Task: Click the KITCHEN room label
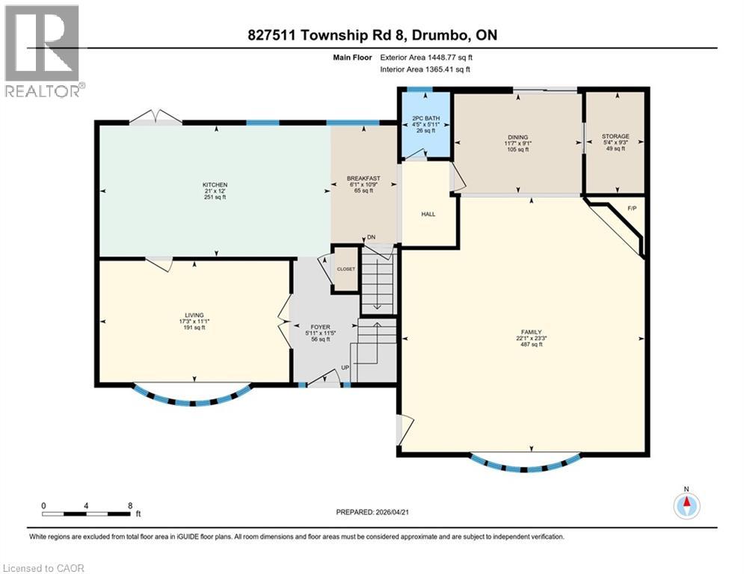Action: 215,185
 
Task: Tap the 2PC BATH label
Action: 425,118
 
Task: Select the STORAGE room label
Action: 615,136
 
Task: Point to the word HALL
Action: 428,214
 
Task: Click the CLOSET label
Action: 346,269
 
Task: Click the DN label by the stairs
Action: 371,237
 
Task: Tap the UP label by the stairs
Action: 345,368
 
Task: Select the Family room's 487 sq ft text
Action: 532,345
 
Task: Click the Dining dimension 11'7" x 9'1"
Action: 517,143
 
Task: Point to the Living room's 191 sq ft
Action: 194,327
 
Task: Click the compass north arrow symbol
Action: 686,506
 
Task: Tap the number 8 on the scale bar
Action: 130,506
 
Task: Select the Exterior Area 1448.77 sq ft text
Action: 426,58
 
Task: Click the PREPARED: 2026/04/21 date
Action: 372,512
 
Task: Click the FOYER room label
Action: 320,327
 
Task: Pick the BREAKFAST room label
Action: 363,179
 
